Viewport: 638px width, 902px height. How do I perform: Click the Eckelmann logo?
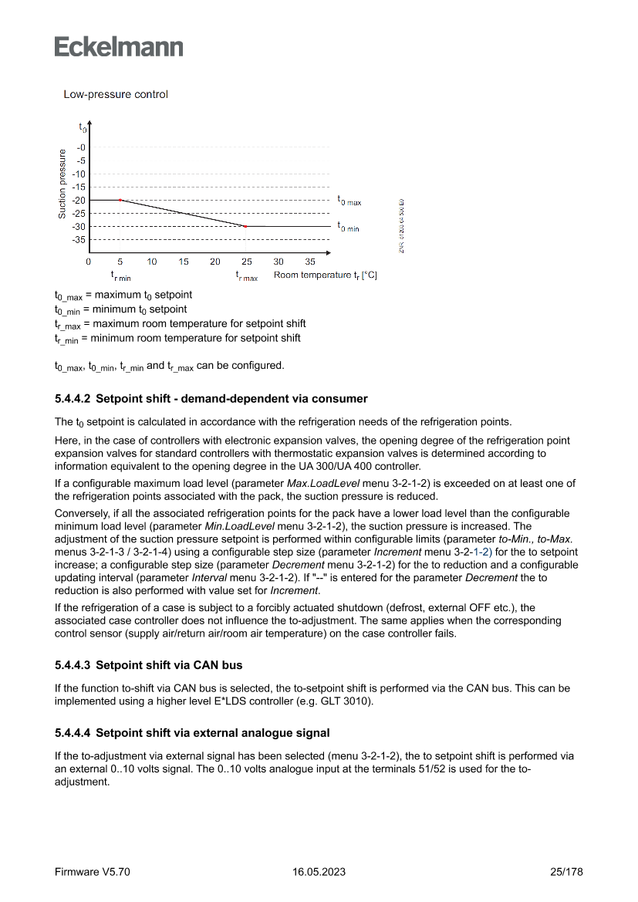(119, 47)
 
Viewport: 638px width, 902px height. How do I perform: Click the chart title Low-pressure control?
(116, 94)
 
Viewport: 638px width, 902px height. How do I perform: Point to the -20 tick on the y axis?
(80, 201)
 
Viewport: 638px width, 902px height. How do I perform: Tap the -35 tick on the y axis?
(80, 240)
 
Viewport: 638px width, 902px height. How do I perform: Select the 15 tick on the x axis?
(184, 262)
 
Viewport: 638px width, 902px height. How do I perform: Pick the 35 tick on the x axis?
(310, 262)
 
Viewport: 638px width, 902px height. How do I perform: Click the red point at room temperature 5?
(120, 200)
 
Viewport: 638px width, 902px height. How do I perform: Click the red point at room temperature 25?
(245, 226)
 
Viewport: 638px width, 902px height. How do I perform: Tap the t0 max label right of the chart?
(349, 200)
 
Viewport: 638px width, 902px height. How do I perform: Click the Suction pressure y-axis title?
(62, 184)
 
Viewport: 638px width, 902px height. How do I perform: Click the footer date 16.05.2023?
(319, 872)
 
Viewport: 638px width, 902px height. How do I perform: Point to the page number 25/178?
(566, 872)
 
